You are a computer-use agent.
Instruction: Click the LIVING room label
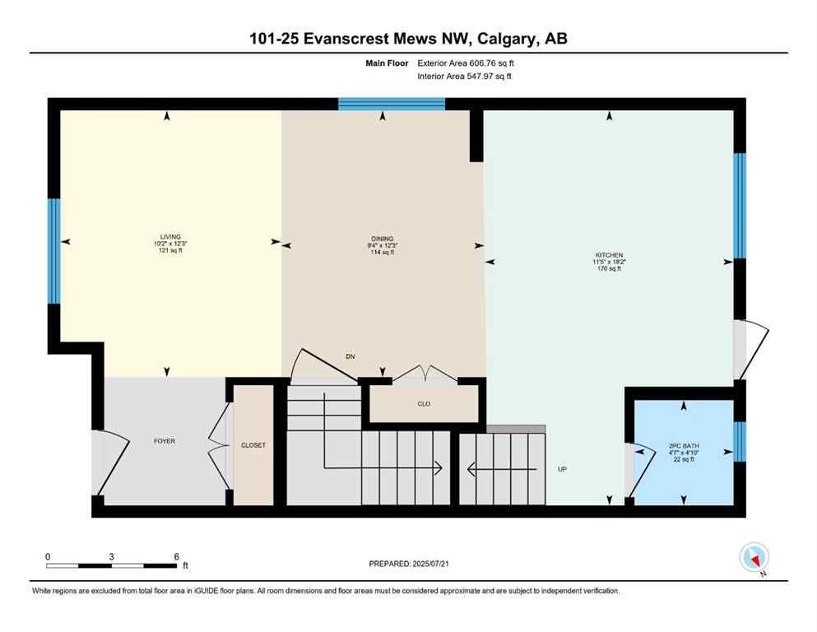[171, 236]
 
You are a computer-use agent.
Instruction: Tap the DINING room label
[382, 236]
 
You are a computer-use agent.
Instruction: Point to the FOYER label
[164, 441]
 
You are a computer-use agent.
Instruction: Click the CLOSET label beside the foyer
[253, 445]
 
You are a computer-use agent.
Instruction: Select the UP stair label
[563, 469]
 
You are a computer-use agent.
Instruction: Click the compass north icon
[754, 558]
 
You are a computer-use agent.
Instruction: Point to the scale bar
[111, 565]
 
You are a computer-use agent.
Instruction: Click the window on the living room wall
[53, 251]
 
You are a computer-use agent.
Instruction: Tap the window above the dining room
[392, 104]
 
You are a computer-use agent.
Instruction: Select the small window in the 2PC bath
[738, 441]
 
